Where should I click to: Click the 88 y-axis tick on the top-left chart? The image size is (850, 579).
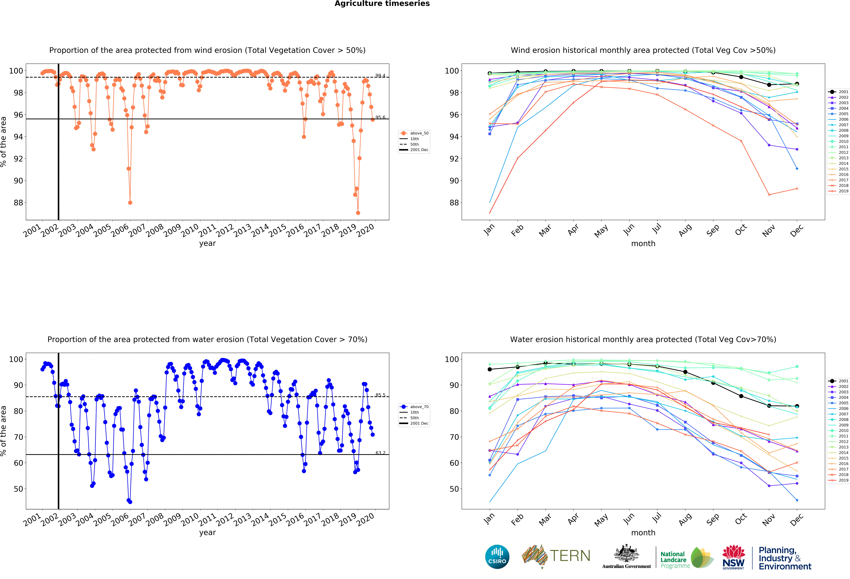(18, 203)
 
